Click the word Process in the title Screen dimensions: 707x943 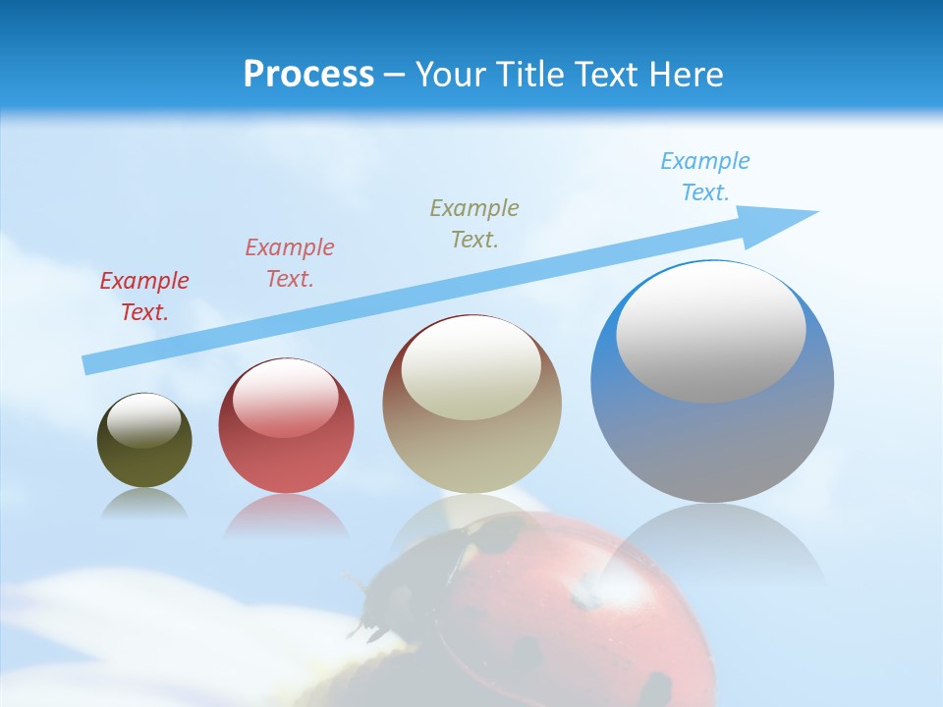point(308,75)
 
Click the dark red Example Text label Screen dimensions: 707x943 point(144,297)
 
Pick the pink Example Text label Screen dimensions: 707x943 point(290,262)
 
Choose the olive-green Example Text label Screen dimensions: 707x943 point(474,223)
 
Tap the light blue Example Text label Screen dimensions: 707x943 point(704,177)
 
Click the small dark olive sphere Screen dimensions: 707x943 point(144,457)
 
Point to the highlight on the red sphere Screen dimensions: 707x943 point(286,399)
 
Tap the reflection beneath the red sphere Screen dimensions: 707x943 point(286,517)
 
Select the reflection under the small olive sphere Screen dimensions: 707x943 point(144,504)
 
